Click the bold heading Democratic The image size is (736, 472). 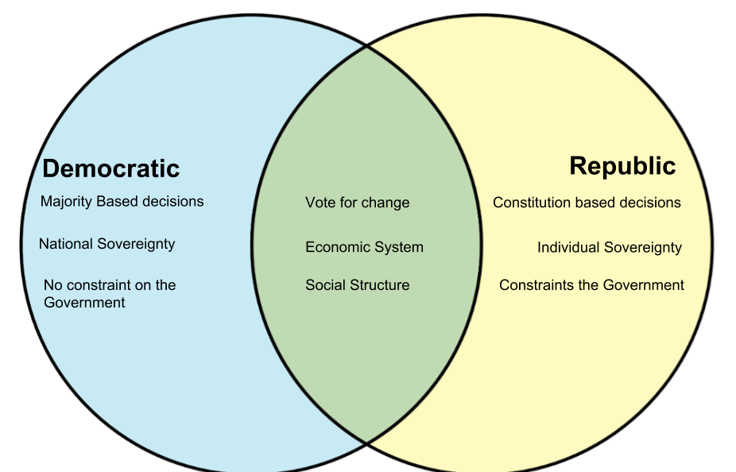pos(110,168)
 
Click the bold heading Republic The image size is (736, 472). pos(622,166)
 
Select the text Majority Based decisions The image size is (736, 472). pos(122,202)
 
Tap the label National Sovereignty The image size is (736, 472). pos(107,244)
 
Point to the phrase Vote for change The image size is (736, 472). pos(358,203)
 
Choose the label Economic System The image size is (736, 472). pos(365,247)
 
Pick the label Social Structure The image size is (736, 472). pos(358,284)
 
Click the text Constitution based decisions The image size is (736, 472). pos(587,203)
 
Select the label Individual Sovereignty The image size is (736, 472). pos(610,247)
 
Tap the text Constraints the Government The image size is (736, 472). pos(592,284)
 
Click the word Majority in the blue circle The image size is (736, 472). pos(66,202)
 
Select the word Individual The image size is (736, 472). pos(568,247)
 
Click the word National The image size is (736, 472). pos(66,244)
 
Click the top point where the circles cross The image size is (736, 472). pos(366,46)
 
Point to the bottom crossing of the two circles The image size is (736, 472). pos(366,442)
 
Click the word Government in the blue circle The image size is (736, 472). pos(84,303)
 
